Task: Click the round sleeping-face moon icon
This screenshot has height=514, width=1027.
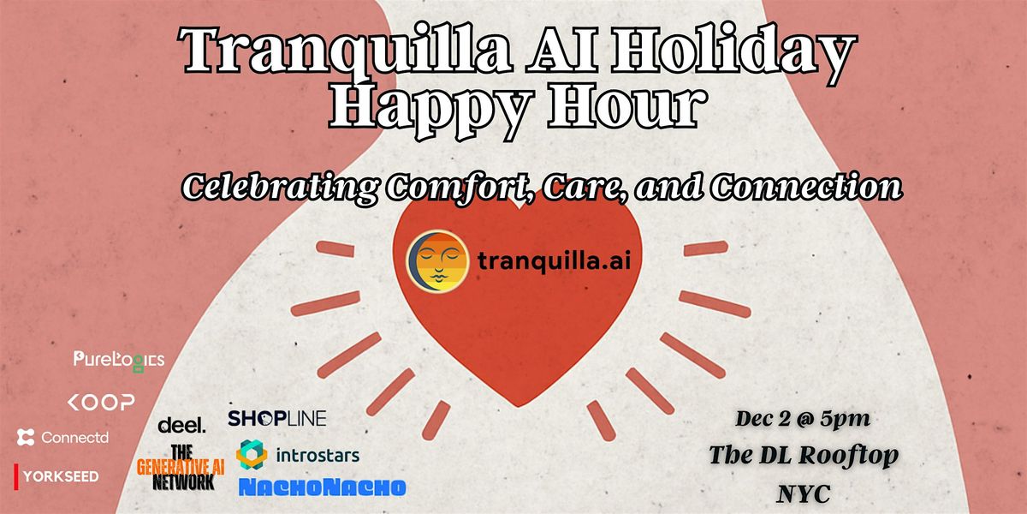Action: pyautogui.click(x=437, y=260)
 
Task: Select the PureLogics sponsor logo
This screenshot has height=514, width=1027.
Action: pyautogui.click(x=118, y=360)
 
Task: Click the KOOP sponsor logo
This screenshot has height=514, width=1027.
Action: pyautogui.click(x=101, y=402)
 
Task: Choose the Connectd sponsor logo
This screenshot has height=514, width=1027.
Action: pyautogui.click(x=62, y=438)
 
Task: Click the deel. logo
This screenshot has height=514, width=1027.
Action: pyautogui.click(x=181, y=425)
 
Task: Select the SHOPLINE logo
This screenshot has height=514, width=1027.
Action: pyautogui.click(x=276, y=418)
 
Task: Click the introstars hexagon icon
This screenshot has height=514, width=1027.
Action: pyautogui.click(x=252, y=454)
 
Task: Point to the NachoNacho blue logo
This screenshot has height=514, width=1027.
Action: pyautogui.click(x=322, y=487)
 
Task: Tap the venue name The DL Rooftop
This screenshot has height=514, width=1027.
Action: pyautogui.click(x=803, y=456)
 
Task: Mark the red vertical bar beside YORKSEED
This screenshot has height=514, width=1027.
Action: pyautogui.click(x=16, y=474)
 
